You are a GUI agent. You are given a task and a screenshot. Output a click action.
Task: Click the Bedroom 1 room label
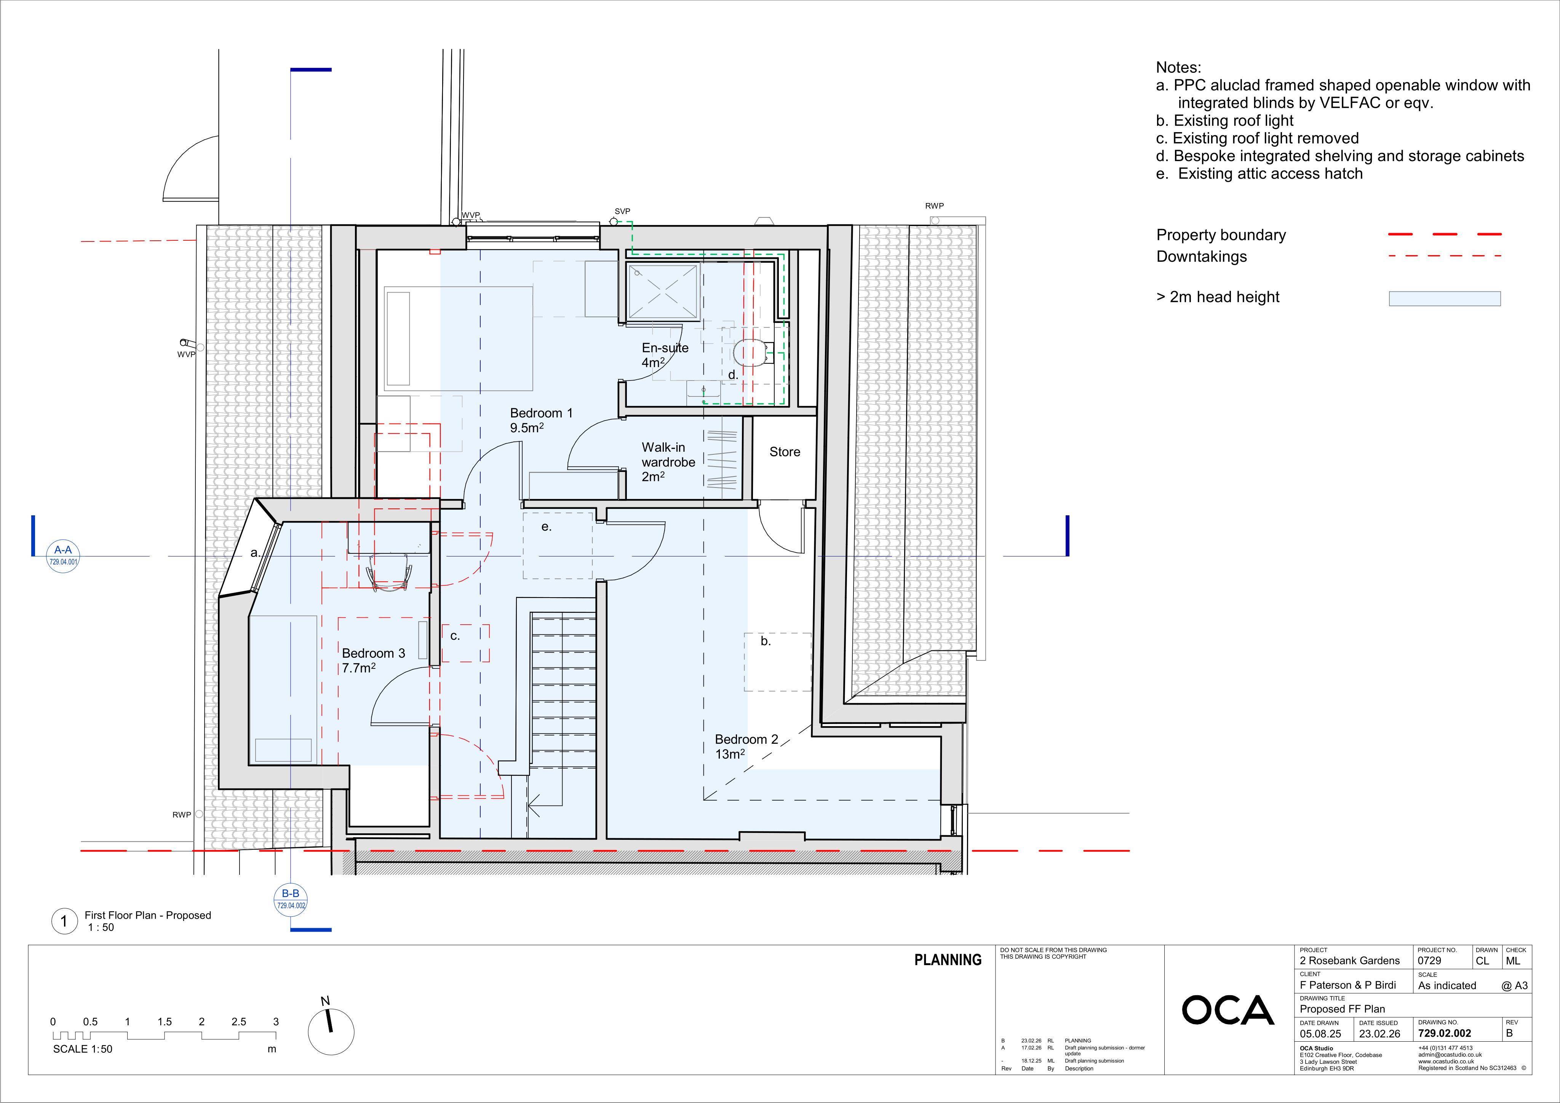pyautogui.click(x=542, y=420)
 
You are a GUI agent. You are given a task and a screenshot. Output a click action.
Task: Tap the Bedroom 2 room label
pyautogui.click(x=746, y=746)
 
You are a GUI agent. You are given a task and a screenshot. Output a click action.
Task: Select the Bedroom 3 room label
pyautogui.click(x=373, y=660)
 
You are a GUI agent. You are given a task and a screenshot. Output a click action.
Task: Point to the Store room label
pyautogui.click(x=785, y=452)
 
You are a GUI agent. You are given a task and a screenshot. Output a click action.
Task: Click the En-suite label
pyautogui.click(x=665, y=355)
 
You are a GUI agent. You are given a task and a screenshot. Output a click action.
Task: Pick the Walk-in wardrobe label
pyautogui.click(x=668, y=462)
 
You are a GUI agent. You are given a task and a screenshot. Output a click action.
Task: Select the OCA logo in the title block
pyautogui.click(x=1228, y=1010)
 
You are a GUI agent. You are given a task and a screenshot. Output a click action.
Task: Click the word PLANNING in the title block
pyautogui.click(x=948, y=960)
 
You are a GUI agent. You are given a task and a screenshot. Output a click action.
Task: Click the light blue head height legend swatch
pyautogui.click(x=1445, y=298)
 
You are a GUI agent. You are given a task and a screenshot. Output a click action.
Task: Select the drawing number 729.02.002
pyautogui.click(x=1445, y=1033)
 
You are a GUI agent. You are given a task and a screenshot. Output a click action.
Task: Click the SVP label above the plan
pyautogui.click(x=622, y=211)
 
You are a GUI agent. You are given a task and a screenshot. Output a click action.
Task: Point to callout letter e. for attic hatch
pyautogui.click(x=546, y=527)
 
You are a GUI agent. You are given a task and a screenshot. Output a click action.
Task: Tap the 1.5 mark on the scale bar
pyautogui.click(x=165, y=1021)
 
